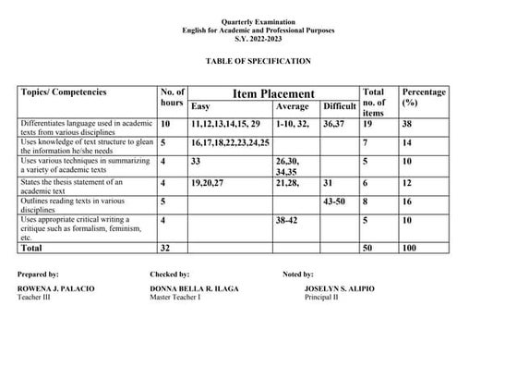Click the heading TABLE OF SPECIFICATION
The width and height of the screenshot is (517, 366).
[x=258, y=61]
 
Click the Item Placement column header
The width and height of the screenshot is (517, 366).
[x=273, y=93]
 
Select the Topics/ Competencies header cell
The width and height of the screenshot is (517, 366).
[x=64, y=92]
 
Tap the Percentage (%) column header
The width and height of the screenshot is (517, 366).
[x=424, y=98]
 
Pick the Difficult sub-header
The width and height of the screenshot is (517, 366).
[x=339, y=107]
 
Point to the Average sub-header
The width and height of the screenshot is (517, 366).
[x=293, y=107]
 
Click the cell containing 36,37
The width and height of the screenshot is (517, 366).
[x=333, y=124]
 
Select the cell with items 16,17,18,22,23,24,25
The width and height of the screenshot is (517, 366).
[x=230, y=143]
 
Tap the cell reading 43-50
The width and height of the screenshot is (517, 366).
[x=335, y=201]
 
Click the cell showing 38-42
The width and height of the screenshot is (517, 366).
[x=288, y=220]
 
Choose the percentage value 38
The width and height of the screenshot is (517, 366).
[x=407, y=124]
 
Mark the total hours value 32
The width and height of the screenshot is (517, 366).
[x=166, y=248]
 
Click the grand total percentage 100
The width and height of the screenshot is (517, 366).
[x=411, y=248]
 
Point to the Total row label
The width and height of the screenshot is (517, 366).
[x=32, y=248]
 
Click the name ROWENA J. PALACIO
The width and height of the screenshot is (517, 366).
[x=55, y=288]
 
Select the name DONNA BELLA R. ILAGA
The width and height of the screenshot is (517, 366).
[x=194, y=288]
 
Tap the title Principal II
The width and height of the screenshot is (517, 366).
[x=321, y=297]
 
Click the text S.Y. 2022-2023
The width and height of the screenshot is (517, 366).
[x=258, y=39]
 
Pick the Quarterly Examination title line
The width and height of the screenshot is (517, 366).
[x=258, y=21]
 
